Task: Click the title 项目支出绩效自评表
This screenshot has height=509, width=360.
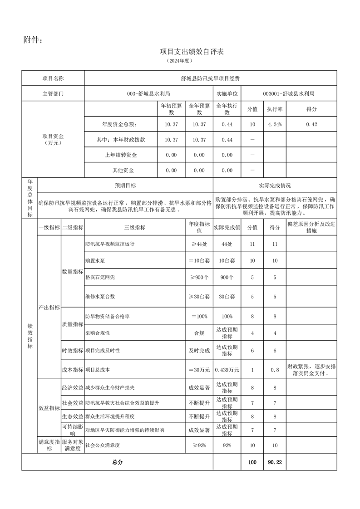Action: click(x=192, y=52)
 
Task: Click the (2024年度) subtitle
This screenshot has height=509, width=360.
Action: click(x=180, y=60)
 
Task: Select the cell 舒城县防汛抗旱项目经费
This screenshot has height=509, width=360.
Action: click(x=210, y=78)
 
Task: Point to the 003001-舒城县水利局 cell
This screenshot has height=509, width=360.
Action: click(x=288, y=94)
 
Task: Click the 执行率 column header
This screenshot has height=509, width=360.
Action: click(x=275, y=109)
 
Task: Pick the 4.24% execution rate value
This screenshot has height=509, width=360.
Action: click(x=275, y=124)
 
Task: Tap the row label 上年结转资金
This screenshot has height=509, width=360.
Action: click(x=120, y=155)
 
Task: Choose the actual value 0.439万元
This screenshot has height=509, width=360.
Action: click(x=227, y=370)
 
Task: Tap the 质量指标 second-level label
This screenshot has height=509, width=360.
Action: click(x=72, y=324)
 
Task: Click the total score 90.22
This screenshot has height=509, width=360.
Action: click(x=275, y=462)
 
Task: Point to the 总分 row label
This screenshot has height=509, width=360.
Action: click(x=117, y=462)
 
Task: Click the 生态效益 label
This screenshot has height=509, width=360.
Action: click(x=72, y=416)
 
